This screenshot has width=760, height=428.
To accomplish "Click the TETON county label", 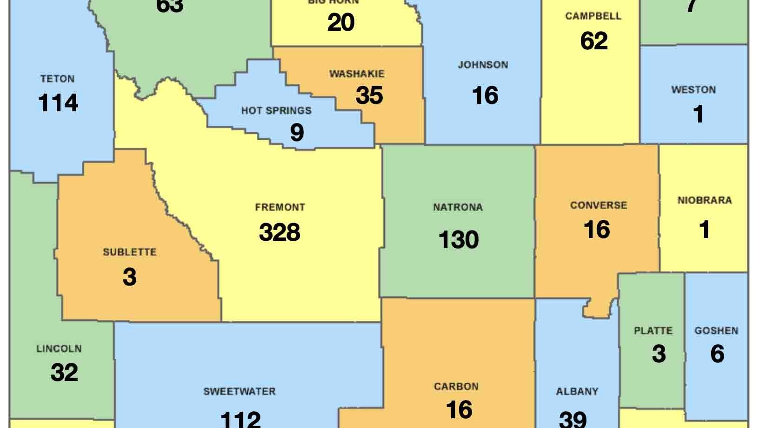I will pos(57,79).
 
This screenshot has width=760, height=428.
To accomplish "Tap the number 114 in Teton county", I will pos(58,103).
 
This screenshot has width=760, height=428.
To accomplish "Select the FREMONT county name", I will pos(280,207).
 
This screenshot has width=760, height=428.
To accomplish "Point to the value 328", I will pos(280,232).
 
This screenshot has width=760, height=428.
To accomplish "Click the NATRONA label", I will pos(458,207).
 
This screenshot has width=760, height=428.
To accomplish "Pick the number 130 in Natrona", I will pos(459,240).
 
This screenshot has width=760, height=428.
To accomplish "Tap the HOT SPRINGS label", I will pos(276,111).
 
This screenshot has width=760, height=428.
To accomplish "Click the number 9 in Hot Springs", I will pos(297,132).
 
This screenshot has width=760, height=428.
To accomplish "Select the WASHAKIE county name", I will pos(357,74).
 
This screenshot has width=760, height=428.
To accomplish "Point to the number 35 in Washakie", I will pos(369,95).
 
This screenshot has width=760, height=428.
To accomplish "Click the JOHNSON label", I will pos(483,65).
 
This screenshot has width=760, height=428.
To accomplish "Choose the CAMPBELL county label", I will pos(593,16).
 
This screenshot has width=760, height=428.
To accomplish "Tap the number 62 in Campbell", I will pos(594,41).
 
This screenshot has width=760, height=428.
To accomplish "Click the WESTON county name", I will pos(693,90).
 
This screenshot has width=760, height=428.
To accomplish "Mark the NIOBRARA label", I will pos(705,201).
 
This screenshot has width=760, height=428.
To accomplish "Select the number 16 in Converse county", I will pos(597,230).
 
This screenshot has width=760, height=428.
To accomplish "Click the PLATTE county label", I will pos(653,331).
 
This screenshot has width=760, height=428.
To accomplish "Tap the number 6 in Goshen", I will pos(717,354).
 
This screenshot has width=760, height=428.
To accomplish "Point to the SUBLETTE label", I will pos(129,252).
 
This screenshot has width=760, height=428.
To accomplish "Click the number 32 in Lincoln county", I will pos(64,373).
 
